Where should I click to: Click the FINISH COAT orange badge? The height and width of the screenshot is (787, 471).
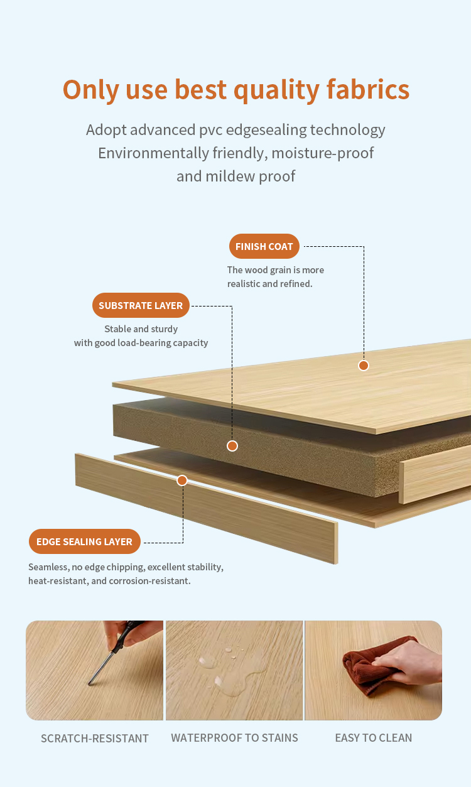(264, 246)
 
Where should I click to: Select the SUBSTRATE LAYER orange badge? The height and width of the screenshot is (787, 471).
(141, 305)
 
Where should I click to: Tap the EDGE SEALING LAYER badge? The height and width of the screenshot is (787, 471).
(85, 541)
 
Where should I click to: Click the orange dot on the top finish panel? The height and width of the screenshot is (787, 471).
(364, 366)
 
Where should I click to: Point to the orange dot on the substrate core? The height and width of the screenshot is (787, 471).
(232, 446)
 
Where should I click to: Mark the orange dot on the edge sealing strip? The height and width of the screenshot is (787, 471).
(182, 480)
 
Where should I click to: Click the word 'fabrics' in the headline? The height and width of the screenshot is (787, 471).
(368, 89)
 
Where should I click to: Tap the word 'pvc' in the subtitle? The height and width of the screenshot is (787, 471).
(211, 131)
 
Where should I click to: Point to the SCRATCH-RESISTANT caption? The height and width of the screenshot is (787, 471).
(95, 738)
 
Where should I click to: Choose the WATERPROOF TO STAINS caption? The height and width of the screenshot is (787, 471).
(234, 737)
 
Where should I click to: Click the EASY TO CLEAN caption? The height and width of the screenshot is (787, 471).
(374, 737)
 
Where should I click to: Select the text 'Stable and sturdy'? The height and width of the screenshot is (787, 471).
(141, 329)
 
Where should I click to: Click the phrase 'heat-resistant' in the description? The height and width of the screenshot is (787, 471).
(58, 581)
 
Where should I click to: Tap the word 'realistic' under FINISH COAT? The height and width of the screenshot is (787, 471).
(244, 283)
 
